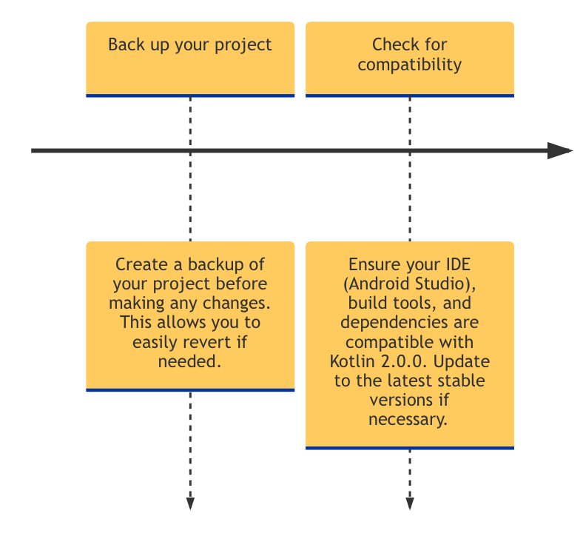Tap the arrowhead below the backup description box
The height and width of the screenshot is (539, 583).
[x=190, y=503]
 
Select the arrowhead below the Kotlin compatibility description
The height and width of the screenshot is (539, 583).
[x=410, y=503]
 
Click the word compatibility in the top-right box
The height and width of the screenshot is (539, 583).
[x=410, y=64]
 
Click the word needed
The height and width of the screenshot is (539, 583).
[x=189, y=361]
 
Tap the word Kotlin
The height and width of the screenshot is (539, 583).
[x=352, y=361]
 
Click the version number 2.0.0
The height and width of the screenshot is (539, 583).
[x=403, y=361]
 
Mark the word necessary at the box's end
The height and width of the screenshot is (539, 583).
[x=410, y=419]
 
